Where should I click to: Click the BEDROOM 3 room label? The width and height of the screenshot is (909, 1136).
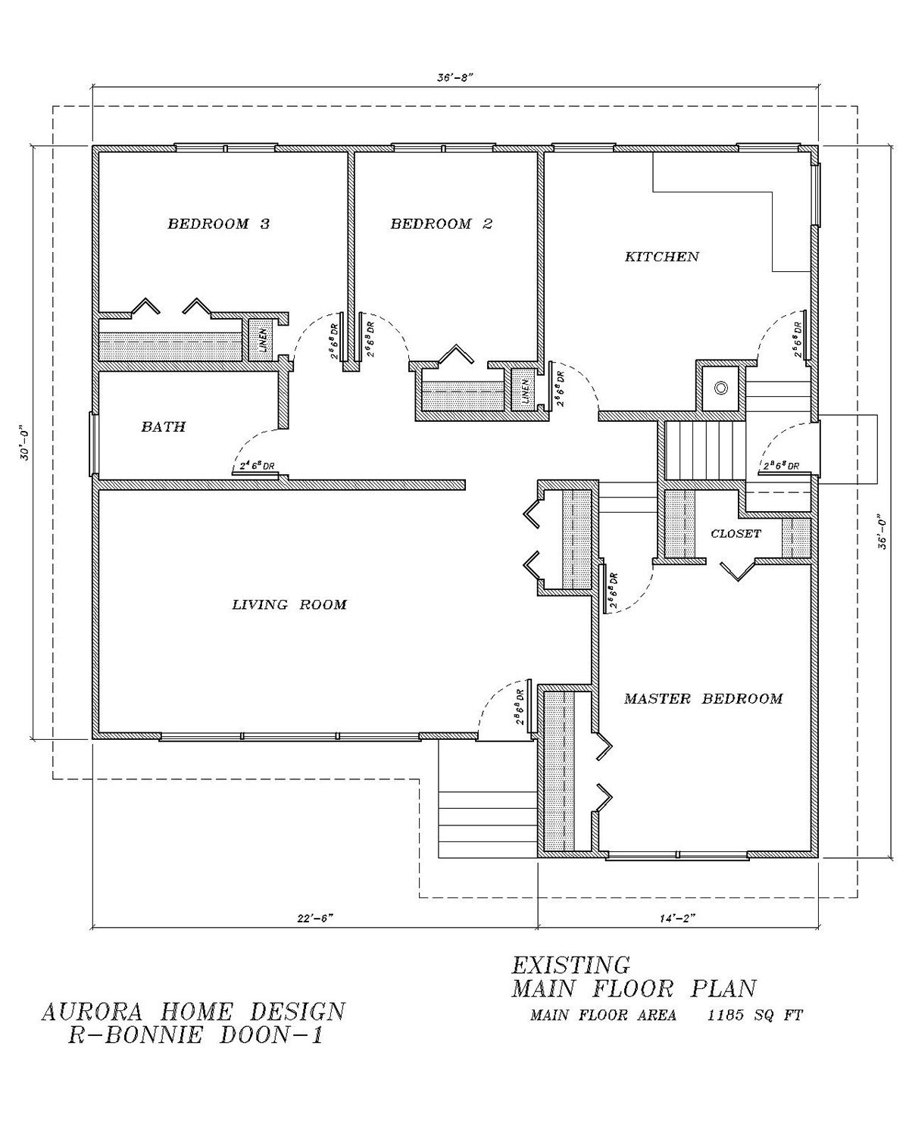[x=218, y=224]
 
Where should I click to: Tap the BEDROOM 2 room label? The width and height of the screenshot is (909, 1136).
[x=442, y=224]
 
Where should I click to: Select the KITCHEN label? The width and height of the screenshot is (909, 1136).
[x=661, y=257]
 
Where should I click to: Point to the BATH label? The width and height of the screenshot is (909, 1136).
[x=164, y=427]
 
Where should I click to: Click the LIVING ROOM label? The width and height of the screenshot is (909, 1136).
[x=289, y=604]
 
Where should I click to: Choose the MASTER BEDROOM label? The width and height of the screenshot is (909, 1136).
[x=703, y=698]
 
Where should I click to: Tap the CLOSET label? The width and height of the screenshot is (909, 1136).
[x=736, y=534]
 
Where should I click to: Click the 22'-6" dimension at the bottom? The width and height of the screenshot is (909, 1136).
[x=315, y=918]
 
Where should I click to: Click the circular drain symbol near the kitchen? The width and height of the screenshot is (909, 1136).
[x=721, y=387]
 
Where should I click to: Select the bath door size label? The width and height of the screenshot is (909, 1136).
[x=256, y=467]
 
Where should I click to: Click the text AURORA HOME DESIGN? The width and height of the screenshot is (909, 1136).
[x=193, y=1012]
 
